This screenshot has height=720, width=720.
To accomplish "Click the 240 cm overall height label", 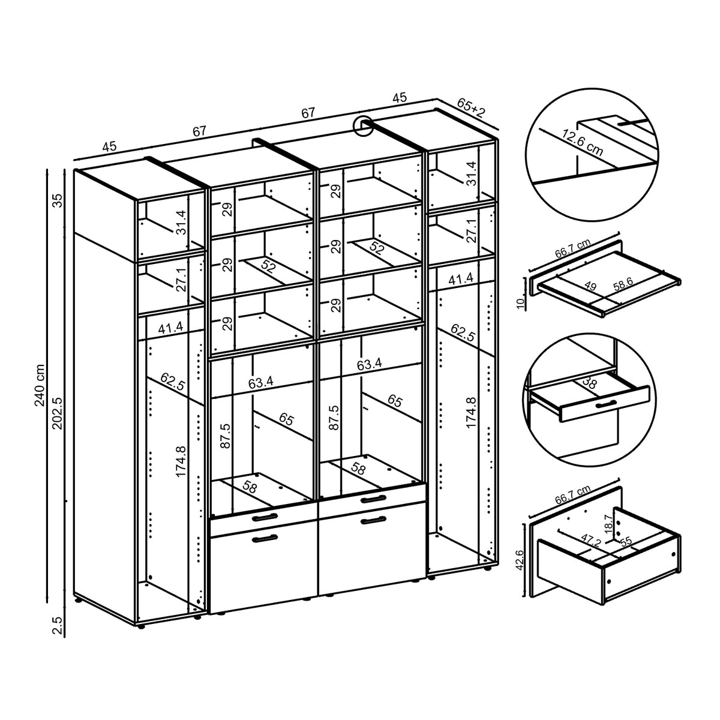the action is pos(40,385).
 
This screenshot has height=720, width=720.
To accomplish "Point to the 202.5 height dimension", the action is pos(58,413).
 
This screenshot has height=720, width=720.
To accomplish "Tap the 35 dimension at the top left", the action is pos(58,201).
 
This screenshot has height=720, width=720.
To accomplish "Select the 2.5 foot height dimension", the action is pos(58,625).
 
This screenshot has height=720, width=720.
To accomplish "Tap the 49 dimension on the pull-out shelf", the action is pos(590,287).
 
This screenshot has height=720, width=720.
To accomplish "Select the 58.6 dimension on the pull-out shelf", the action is pos(623,284).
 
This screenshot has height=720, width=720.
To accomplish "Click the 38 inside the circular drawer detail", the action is pos(590,383).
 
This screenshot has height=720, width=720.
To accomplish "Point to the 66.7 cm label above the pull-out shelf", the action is pos(573,248).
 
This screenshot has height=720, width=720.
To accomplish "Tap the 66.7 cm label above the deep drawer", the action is pos(573,494).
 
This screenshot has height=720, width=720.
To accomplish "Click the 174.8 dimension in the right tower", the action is pos(471,412).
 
